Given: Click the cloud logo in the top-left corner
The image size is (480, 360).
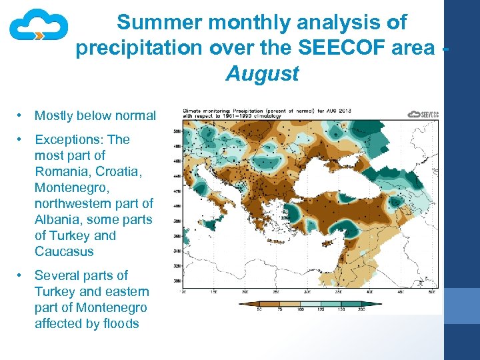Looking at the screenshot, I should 38,27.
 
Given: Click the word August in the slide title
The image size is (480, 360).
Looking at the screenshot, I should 262,73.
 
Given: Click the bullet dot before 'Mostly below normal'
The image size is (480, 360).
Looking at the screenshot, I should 21,116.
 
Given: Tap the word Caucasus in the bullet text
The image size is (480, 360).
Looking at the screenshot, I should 64,251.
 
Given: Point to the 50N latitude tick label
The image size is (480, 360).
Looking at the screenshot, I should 177,131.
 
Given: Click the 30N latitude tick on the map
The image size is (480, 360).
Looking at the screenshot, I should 177,281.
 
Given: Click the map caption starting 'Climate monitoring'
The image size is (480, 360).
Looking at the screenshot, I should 267,111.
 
